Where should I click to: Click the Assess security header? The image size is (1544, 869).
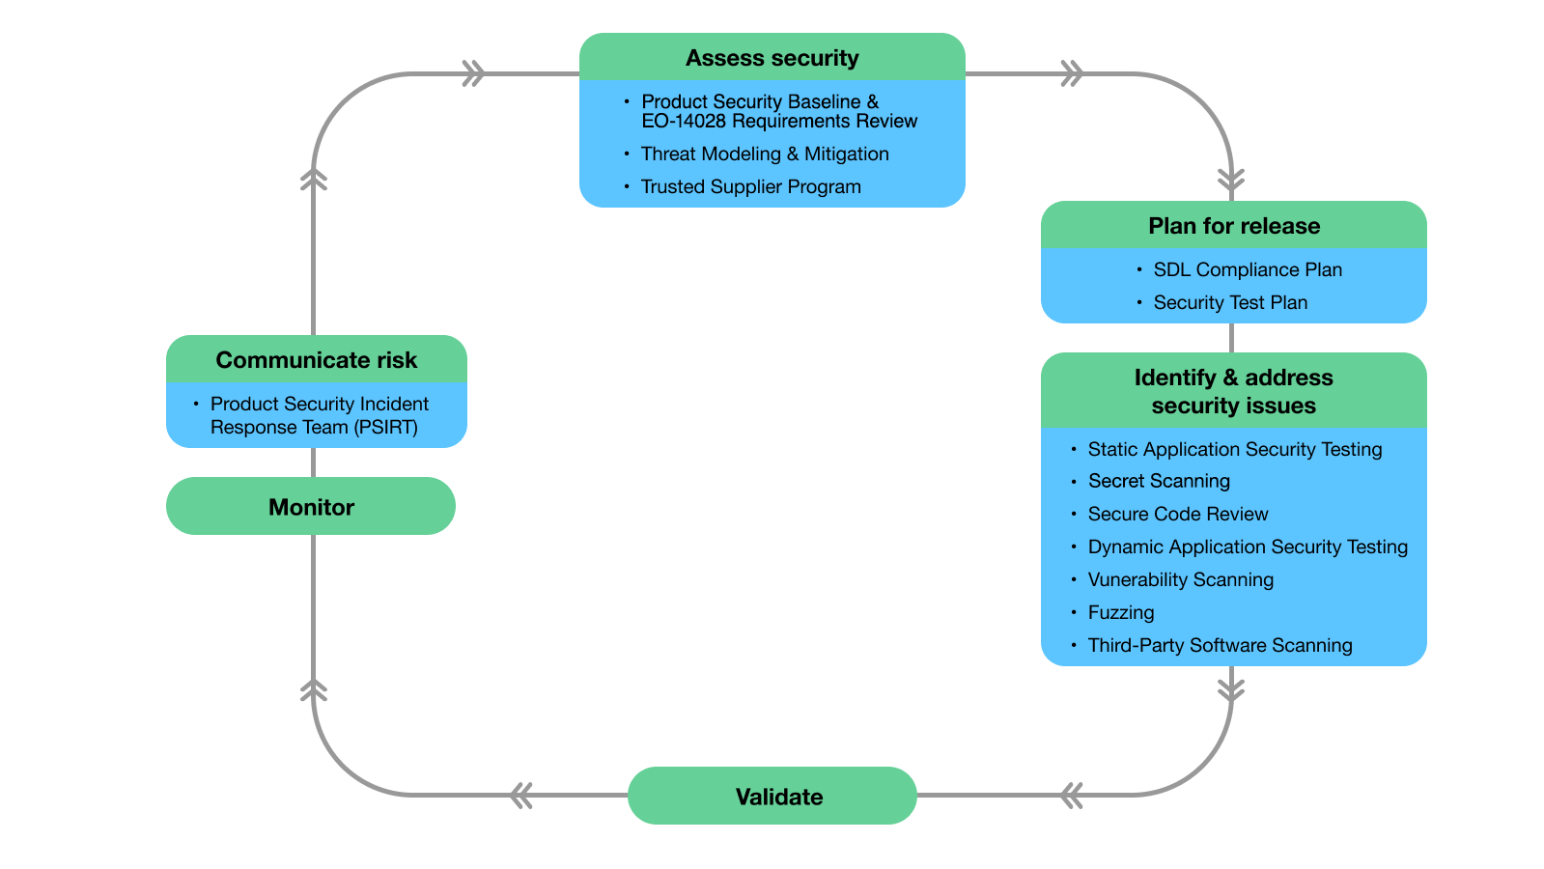click(x=772, y=58)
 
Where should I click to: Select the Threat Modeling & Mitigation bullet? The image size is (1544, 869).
click(x=764, y=154)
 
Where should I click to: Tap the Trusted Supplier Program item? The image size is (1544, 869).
click(x=750, y=187)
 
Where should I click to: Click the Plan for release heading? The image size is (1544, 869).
click(x=1233, y=226)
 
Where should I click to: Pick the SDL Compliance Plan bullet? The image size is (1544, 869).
click(x=1247, y=270)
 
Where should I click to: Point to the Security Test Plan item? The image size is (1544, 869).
click(x=1229, y=303)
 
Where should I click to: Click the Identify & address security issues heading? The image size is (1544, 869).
click(x=1233, y=391)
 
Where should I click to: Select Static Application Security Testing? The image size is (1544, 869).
click(x=1234, y=450)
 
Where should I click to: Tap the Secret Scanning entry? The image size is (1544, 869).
click(x=1158, y=482)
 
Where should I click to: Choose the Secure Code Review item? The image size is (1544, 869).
click(x=1177, y=515)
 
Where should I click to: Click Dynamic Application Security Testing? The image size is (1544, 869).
click(x=1247, y=547)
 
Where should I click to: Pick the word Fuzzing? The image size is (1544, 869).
click(x=1120, y=613)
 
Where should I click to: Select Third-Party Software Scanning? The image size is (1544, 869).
click(x=1219, y=646)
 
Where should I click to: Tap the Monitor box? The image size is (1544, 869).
click(x=311, y=507)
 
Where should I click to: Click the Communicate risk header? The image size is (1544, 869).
click(x=316, y=360)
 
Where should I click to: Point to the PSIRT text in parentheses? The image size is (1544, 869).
click(x=385, y=428)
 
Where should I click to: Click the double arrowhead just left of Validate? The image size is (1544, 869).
click(x=521, y=796)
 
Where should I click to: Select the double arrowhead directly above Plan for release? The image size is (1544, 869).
click(x=1231, y=180)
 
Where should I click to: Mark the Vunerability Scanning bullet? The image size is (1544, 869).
click(x=1180, y=580)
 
